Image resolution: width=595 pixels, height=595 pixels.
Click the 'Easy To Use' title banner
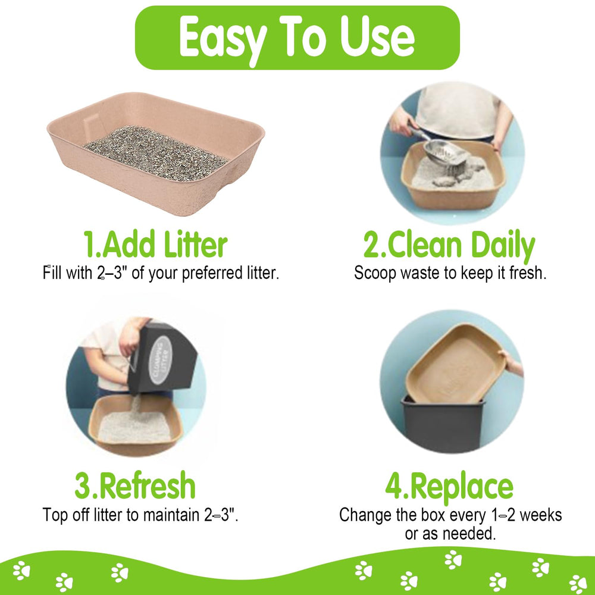tap(297, 37)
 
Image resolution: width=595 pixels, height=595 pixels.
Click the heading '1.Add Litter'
tap(155, 245)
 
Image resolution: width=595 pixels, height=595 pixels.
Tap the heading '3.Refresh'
tap(135, 486)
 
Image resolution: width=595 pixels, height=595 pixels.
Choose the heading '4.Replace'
tap(449, 487)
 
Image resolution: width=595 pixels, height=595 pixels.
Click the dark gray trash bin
tap(443, 425)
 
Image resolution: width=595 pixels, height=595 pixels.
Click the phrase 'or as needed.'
tap(450, 534)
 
